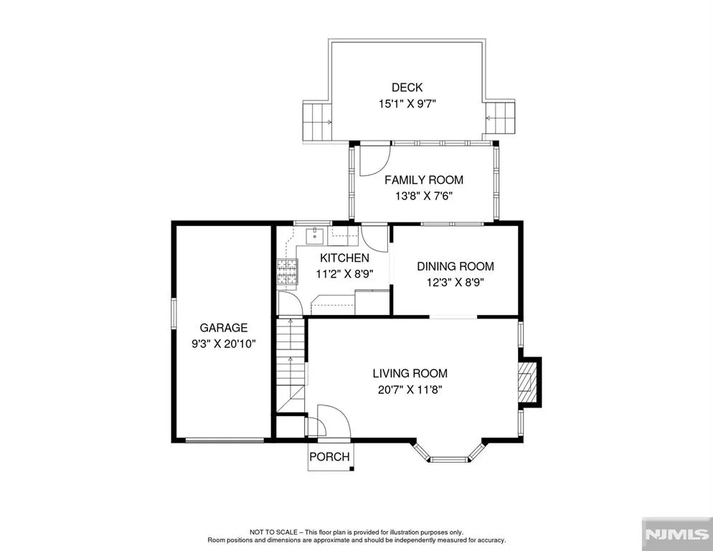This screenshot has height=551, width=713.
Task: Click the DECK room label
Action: click(x=407, y=88)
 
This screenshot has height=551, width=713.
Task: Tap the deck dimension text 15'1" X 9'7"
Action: click(x=407, y=104)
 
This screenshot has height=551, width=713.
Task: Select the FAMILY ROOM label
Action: click(x=424, y=180)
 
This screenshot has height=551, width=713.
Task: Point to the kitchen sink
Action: click(x=315, y=236)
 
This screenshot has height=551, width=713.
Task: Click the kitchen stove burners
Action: click(x=287, y=272)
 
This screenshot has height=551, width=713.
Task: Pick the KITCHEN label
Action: click(x=345, y=258)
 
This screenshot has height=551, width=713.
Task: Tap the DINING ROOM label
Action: click(x=455, y=266)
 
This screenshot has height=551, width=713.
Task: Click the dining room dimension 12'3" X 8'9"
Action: click(x=455, y=283)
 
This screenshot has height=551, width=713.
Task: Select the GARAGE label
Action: click(x=224, y=328)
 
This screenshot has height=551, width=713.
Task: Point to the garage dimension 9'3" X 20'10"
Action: click(x=224, y=344)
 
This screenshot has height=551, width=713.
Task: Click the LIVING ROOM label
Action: click(x=410, y=374)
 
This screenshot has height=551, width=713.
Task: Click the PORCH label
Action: click(x=330, y=457)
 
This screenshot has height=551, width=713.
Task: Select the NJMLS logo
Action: click(x=677, y=534)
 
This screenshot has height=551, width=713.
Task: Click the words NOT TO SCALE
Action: click(x=273, y=532)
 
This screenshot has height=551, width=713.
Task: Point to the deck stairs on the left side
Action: click(x=317, y=122)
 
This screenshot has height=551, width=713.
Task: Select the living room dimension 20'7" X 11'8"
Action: click(x=410, y=390)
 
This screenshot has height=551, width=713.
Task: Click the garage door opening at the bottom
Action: click(x=225, y=440)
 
